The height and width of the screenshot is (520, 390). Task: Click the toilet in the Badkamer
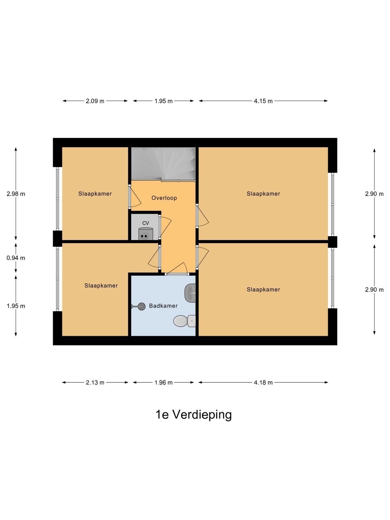(x=184, y=321)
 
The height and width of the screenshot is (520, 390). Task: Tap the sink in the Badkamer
(x=190, y=293)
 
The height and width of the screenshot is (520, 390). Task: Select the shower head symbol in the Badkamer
(x=141, y=307)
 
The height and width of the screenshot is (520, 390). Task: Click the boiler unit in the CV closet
(x=146, y=234)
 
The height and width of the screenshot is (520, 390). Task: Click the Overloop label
(x=164, y=198)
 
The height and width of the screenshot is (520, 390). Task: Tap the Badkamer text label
(x=163, y=306)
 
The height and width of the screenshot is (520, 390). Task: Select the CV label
(x=146, y=223)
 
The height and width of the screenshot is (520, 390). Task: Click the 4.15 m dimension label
(x=263, y=101)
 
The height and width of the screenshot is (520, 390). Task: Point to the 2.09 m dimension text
(x=95, y=101)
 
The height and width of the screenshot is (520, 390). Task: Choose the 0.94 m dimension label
(x=16, y=258)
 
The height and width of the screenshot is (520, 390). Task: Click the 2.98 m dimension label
(x=16, y=194)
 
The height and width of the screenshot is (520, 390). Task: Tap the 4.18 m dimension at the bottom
(x=263, y=382)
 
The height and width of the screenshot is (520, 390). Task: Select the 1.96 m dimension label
(x=163, y=382)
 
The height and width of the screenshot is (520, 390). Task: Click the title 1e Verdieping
(x=194, y=415)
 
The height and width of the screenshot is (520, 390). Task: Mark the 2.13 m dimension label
(x=95, y=382)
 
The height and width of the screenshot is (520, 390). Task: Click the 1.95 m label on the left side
(x=16, y=306)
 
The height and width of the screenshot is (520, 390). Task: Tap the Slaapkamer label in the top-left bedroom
(x=95, y=194)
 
